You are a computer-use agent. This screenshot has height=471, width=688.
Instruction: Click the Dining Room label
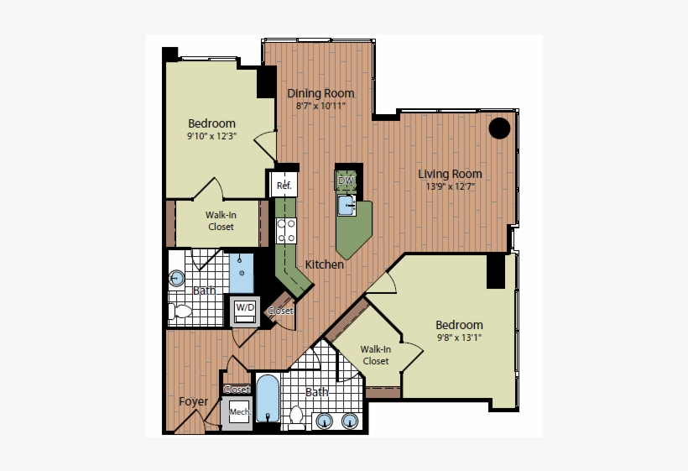321,93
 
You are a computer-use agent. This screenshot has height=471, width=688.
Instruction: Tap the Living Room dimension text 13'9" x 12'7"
451,187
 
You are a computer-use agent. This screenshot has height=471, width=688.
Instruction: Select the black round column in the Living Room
500,128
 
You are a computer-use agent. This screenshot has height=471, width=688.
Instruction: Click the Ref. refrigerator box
283,185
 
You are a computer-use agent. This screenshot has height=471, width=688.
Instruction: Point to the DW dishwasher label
346,181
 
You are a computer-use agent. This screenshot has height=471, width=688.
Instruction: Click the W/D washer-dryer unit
245,310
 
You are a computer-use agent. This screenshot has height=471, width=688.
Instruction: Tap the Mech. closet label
239,412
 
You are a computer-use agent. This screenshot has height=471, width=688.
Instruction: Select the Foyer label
194,401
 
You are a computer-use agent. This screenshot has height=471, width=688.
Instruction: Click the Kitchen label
324,264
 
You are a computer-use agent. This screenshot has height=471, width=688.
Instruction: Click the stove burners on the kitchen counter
287,230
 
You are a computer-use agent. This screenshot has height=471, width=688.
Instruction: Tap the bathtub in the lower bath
267,400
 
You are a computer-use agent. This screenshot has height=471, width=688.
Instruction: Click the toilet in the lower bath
296,416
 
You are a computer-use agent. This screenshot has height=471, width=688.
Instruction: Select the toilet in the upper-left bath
180,311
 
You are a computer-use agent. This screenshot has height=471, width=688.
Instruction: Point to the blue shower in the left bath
242,272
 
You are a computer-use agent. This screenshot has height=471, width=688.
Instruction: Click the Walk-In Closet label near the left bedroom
220,221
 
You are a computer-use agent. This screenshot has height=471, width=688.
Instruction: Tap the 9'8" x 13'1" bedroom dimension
458,338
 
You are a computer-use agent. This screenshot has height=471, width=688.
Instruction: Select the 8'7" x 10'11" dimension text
321,107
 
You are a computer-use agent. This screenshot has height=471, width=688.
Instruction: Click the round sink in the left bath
177,279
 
